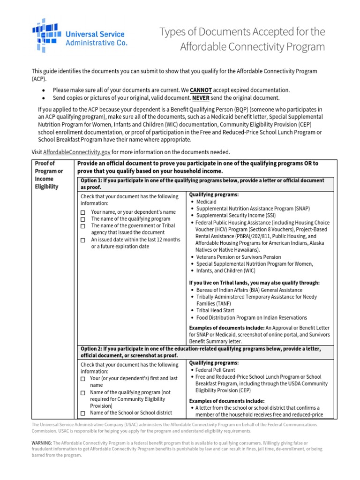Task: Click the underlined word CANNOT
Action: [x=201, y=90]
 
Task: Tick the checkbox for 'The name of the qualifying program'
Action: [x=82, y=219]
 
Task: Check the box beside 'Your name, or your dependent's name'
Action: [x=82, y=212]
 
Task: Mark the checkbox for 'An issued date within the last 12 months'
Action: [x=82, y=240]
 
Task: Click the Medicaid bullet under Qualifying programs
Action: [x=206, y=202]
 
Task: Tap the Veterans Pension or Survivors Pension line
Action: [x=239, y=257]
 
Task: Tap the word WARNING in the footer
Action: [x=42, y=442]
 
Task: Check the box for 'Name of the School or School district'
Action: [x=82, y=413]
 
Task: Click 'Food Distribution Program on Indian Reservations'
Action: [x=252, y=317]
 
